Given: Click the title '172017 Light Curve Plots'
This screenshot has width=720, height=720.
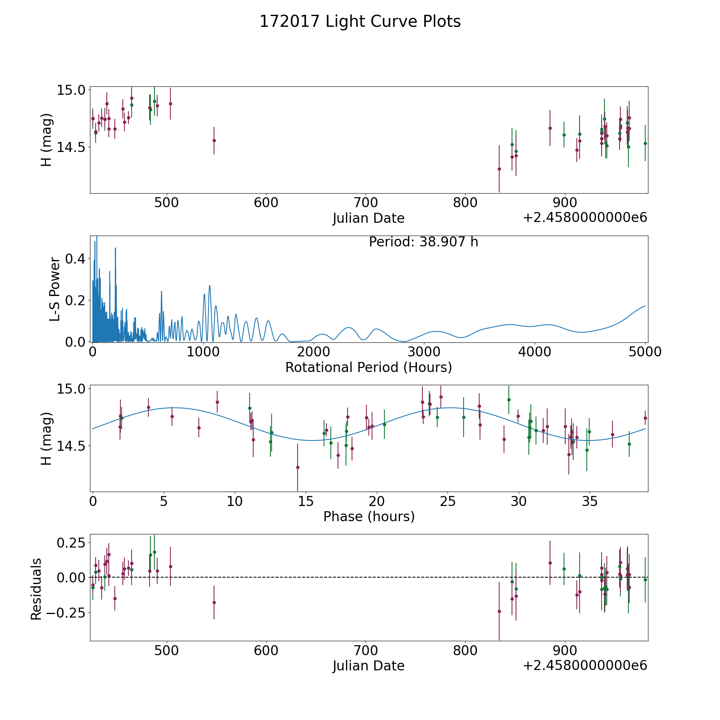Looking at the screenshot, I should (360, 22).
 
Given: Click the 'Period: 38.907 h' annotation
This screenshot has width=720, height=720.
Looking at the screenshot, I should (423, 242).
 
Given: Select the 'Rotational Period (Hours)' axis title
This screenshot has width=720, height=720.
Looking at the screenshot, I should (368, 367).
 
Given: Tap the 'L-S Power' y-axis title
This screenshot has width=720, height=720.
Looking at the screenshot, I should (55, 289).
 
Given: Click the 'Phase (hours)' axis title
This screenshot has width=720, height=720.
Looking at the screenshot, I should (368, 516).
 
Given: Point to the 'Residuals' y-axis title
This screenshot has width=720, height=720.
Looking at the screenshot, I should (36, 589).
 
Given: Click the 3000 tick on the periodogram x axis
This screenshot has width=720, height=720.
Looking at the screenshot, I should (424, 352).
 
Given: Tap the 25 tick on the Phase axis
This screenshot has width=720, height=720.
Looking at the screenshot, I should (448, 501).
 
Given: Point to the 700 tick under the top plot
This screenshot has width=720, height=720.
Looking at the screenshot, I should (366, 202).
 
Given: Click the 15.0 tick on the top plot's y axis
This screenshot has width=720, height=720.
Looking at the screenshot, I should (70, 90).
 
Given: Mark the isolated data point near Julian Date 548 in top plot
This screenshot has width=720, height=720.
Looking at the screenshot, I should (214, 140).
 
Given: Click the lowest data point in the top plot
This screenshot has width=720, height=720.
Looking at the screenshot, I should (499, 169).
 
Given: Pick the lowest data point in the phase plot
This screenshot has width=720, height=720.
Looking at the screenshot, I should (298, 467).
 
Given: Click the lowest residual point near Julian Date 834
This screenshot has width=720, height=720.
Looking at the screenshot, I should (499, 611).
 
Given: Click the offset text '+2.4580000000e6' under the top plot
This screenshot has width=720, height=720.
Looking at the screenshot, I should (585, 218).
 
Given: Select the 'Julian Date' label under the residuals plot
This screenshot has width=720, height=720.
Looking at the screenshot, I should (368, 666).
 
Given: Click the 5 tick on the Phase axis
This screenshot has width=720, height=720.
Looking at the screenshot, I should (164, 501).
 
